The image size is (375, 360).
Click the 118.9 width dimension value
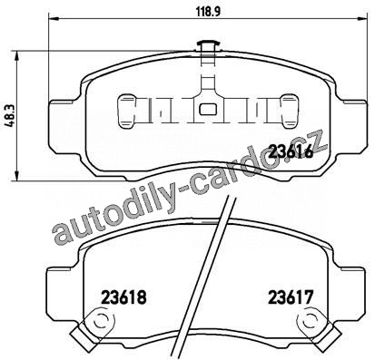pyautogui.click(x=209, y=12)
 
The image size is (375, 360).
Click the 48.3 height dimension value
pyautogui.click(x=11, y=116)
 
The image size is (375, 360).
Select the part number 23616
pyautogui.click(x=291, y=151)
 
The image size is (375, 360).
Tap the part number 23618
pyautogui.click(x=124, y=297)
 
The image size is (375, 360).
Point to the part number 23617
pyautogui.click(x=290, y=297)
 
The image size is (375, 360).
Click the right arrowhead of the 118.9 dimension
pyautogui.click(x=364, y=19)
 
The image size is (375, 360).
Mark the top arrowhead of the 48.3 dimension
pyautogui.click(x=17, y=55)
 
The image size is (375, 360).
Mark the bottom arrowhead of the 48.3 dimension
pyautogui.click(x=17, y=176)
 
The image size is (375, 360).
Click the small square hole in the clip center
pyautogui.click(x=208, y=109)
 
